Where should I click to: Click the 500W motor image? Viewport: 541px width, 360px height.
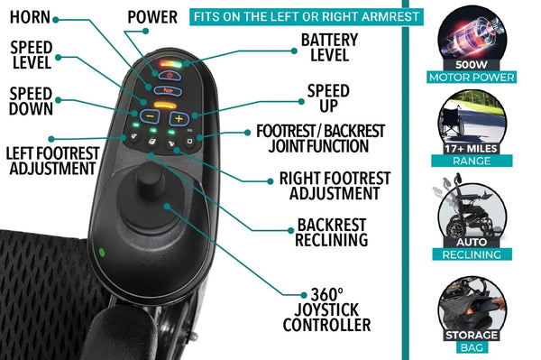[x=475, y=42]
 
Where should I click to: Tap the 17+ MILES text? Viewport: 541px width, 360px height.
[x=475, y=147]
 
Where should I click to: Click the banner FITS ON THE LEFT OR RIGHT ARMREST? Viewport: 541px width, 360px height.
[x=292, y=17]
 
